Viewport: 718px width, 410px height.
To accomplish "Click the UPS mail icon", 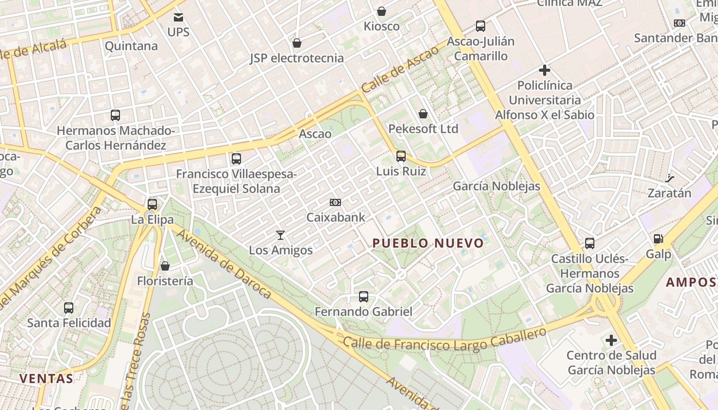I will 178,18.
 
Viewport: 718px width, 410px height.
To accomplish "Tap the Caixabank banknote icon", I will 335,202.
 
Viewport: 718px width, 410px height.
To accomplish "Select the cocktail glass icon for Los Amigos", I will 281,235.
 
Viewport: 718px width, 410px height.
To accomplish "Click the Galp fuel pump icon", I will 658,239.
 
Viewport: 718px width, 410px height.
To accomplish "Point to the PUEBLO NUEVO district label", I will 428,243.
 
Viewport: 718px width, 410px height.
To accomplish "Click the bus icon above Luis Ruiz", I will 401,156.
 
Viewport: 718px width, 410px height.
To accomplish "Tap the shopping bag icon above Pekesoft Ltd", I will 423,114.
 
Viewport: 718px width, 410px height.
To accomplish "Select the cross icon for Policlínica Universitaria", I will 545,70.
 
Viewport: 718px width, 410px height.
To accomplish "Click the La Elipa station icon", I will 152,204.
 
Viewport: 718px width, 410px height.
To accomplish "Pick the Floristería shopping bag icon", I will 165,266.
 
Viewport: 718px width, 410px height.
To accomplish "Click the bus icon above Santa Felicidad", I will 69,308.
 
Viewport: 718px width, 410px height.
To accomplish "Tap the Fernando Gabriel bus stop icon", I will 364,296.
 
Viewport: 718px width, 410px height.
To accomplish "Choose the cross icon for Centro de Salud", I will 611,340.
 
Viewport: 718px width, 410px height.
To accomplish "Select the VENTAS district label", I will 46,379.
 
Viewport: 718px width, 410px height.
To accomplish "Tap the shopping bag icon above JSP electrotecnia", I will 296,43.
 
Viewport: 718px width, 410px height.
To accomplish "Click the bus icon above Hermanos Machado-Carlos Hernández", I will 115,115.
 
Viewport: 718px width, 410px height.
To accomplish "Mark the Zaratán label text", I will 669,193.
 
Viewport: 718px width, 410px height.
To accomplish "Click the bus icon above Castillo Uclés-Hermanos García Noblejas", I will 590,243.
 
